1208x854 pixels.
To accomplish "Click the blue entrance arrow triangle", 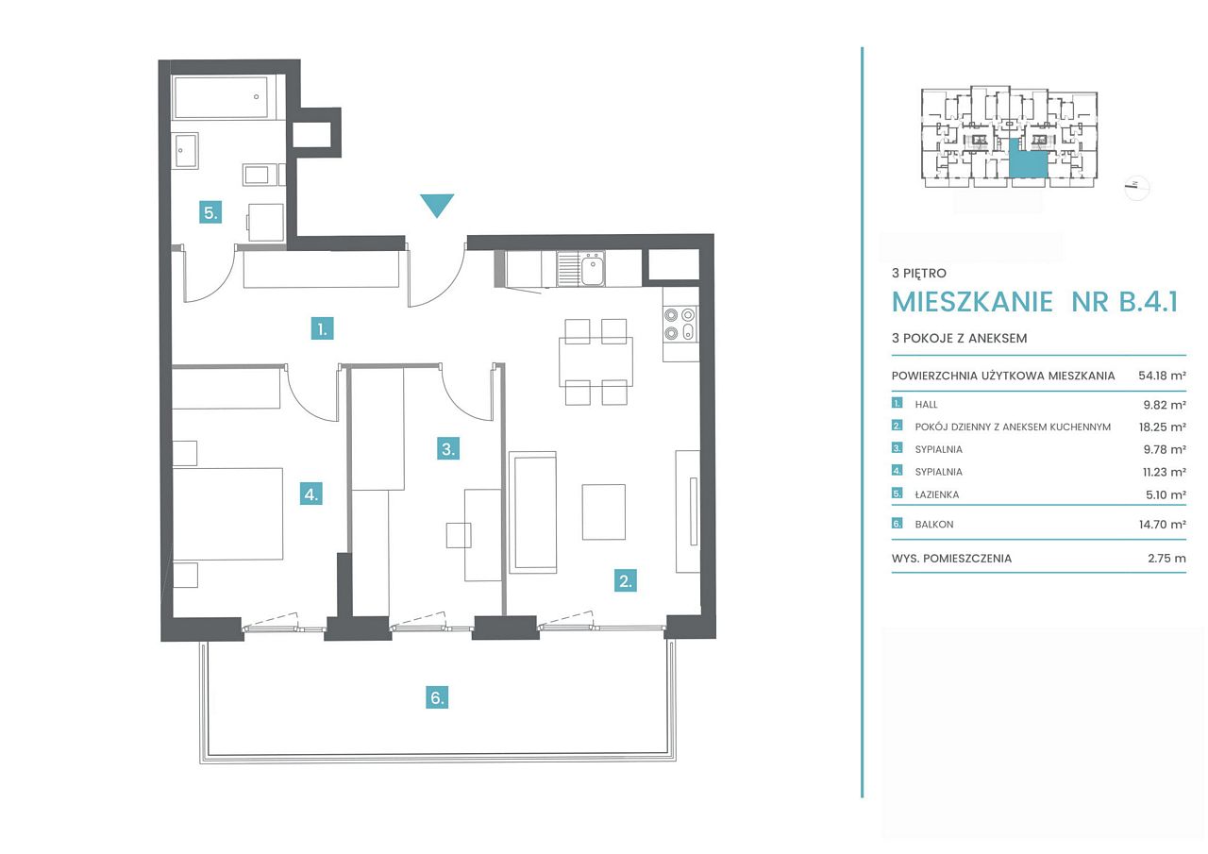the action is [437, 204].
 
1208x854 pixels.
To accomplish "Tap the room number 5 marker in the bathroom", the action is [210, 212].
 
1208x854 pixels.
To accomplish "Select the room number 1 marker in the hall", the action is [323, 328].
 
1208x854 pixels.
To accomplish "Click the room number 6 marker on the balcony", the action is [437, 697].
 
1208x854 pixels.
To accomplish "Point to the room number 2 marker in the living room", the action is [626, 580].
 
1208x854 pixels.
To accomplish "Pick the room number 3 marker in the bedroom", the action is [448, 448].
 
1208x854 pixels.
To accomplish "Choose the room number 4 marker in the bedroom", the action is [311, 494].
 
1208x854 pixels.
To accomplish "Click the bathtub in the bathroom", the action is [221, 97].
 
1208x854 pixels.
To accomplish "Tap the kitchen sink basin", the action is [593, 270].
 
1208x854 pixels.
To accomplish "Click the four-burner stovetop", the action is [680, 324].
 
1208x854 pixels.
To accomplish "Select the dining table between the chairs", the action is [596, 361].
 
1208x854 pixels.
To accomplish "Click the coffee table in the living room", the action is [603, 511].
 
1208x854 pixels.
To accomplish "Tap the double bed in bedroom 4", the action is [227, 513].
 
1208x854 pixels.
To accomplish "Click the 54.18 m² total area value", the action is [1162, 376].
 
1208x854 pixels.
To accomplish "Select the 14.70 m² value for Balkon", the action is [1162, 524].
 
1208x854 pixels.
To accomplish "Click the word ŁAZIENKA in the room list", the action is [937, 494].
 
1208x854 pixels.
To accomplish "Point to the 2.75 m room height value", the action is [1166, 559].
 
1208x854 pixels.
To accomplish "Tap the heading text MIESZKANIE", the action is [972, 302].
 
